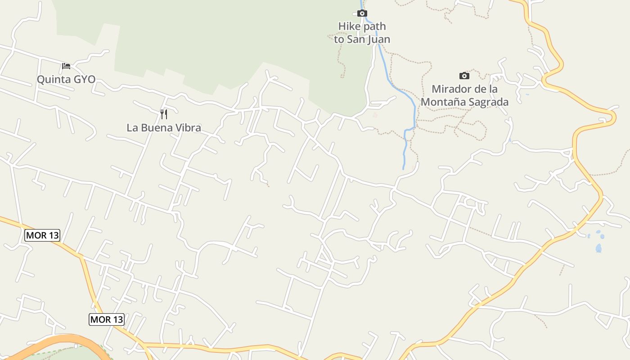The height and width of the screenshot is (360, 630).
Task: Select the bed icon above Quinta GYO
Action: tap(66, 66)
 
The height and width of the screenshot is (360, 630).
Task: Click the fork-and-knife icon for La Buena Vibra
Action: tap(164, 114)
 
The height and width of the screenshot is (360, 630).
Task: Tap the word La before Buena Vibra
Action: tap(132, 128)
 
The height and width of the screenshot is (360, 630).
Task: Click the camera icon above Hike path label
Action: tap(362, 13)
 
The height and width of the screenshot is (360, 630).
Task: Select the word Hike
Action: tap(349, 27)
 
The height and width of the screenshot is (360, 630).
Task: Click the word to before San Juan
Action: tap(339, 40)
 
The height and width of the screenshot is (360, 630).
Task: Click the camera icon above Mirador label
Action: tap(464, 76)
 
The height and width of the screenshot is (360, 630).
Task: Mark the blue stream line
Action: tap(414, 108)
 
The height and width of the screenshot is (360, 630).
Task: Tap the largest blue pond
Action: tap(598, 248)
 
